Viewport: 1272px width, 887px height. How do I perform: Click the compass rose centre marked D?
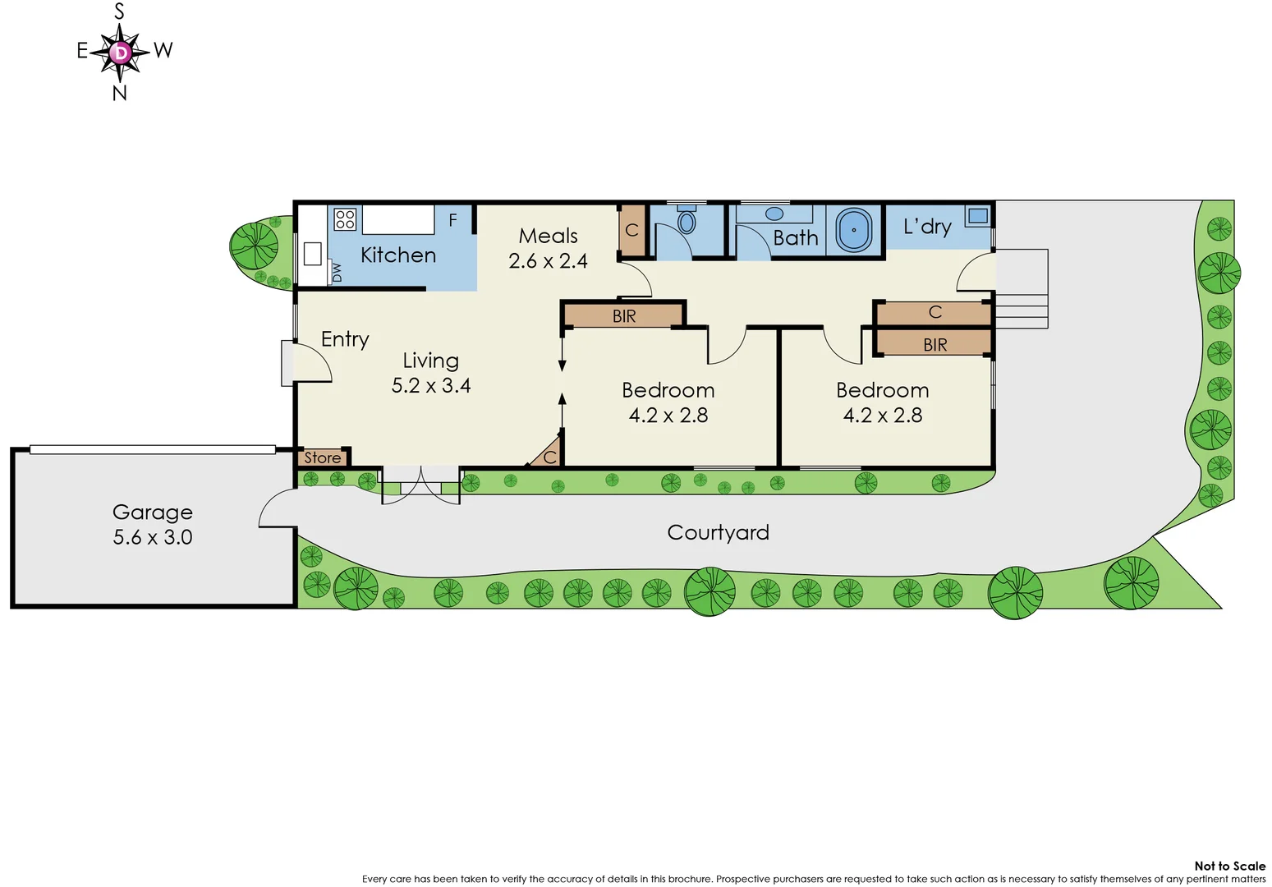click(x=121, y=53)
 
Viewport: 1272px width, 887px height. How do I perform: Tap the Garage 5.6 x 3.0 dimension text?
click(x=153, y=537)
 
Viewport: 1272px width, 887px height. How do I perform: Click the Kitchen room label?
click(x=398, y=255)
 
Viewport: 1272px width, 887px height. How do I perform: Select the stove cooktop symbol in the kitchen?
click(x=345, y=219)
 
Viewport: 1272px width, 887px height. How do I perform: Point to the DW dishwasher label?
click(x=336, y=272)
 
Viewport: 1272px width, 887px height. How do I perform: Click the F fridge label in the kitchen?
click(x=452, y=220)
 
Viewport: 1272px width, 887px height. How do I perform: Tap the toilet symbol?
click(x=687, y=219)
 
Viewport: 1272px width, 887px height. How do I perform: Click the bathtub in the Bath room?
click(x=854, y=230)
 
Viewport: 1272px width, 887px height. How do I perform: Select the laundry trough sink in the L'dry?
click(x=977, y=216)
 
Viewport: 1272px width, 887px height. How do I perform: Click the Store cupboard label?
click(x=323, y=457)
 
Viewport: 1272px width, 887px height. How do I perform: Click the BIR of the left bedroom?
click(x=624, y=316)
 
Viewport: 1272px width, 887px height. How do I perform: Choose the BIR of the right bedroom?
click(x=934, y=345)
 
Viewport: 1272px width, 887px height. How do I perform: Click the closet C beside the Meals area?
click(x=631, y=230)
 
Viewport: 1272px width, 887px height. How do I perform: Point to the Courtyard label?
click(x=718, y=533)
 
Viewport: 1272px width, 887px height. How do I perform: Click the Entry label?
click(x=345, y=339)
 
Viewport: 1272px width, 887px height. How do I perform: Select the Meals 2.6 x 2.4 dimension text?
click(x=548, y=261)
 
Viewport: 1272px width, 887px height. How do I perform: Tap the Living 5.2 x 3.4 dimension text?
click(x=431, y=385)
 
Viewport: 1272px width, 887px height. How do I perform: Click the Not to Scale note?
click(x=1229, y=866)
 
